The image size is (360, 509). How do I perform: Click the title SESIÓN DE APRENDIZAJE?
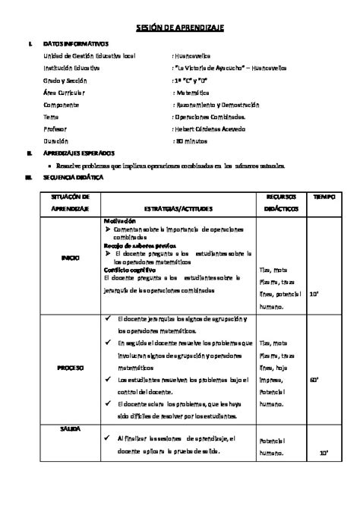click(180, 27)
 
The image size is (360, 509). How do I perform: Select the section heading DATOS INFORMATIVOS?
click(77, 43)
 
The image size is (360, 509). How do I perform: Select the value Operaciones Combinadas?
click(210, 116)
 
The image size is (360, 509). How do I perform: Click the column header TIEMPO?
click(324, 197)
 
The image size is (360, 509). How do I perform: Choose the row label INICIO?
click(71, 258)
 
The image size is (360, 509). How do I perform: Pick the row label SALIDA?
click(71, 429)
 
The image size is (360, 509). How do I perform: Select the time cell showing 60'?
click(324, 377)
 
